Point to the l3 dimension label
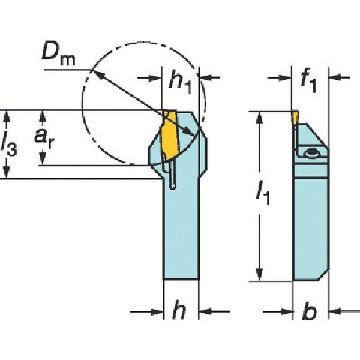[x=9, y=144]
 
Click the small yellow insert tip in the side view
[x=295, y=116]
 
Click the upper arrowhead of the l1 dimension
[x=260, y=116]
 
